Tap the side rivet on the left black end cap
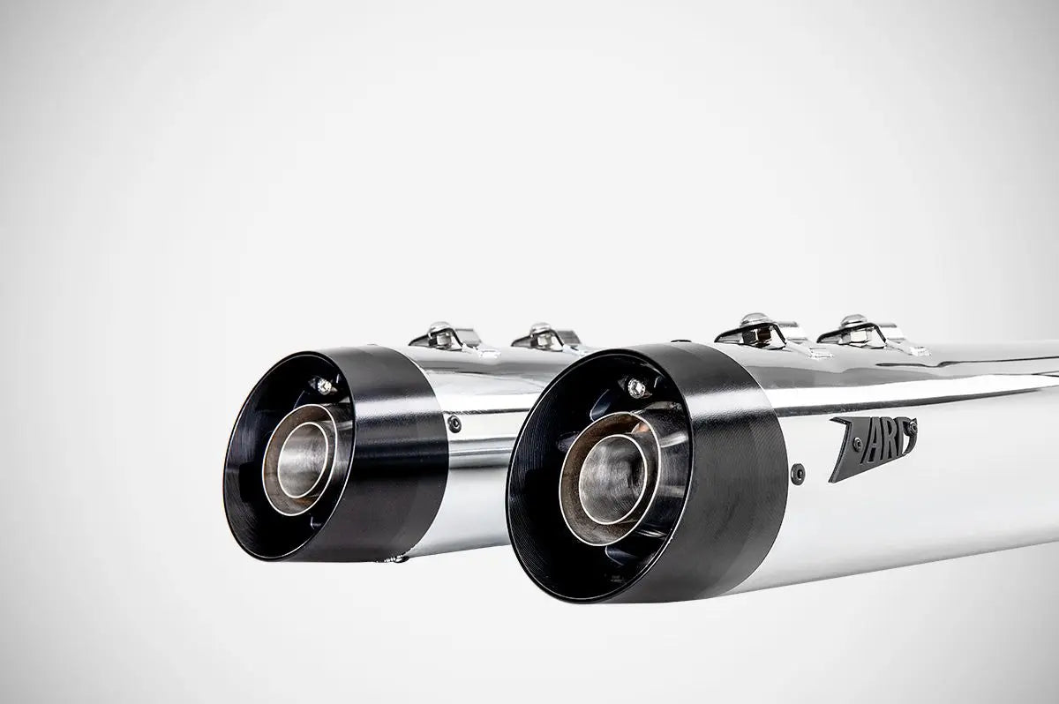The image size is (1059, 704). (454, 423)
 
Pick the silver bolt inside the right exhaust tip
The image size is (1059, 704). (635, 386)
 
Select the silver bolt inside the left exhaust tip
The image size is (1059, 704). (322, 386)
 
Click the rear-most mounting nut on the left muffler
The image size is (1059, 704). (439, 333)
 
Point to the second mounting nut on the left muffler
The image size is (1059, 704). (543, 333)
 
